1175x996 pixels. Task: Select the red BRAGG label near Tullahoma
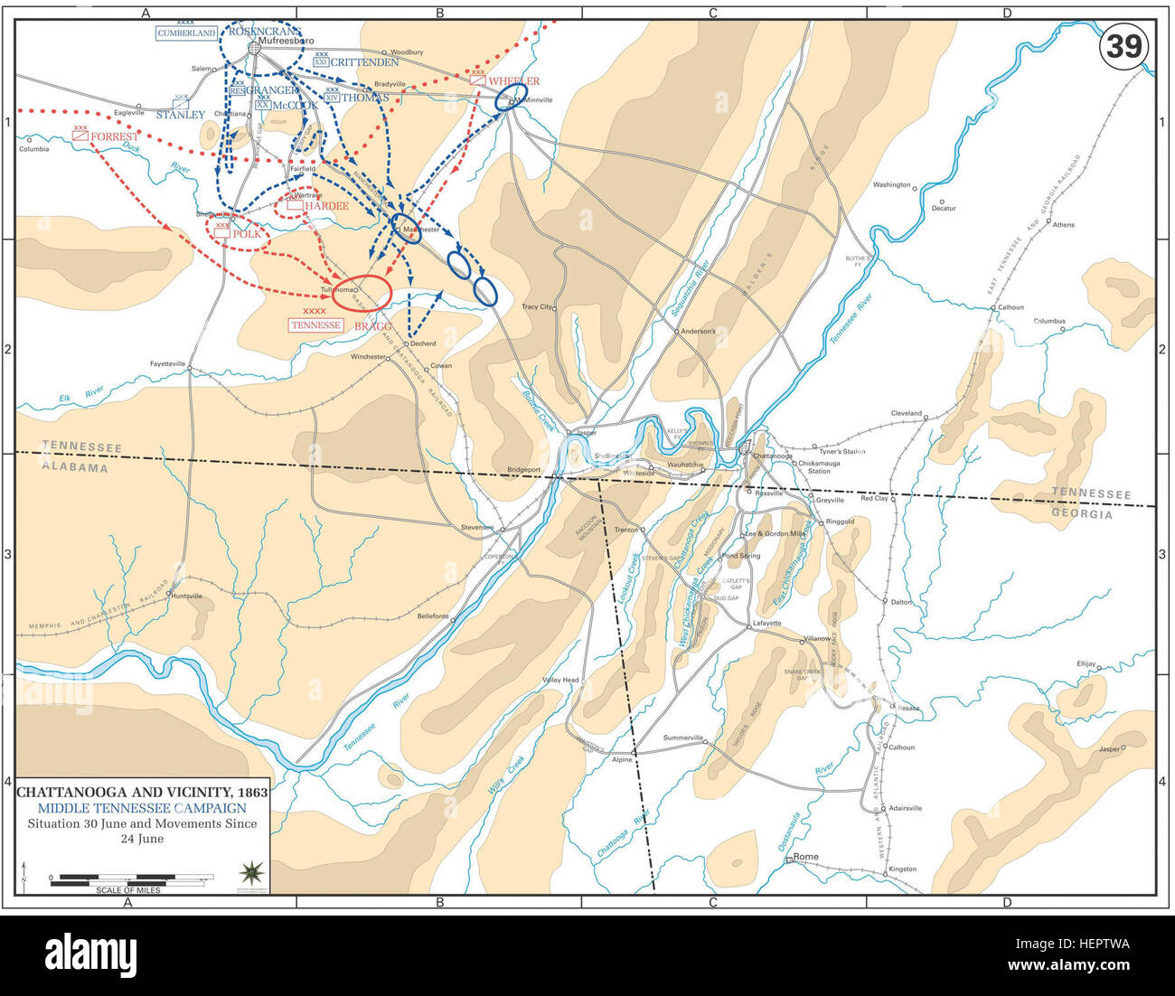click(x=373, y=325)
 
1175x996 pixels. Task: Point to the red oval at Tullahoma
click(x=362, y=291)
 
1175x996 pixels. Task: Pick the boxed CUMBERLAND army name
click(x=187, y=33)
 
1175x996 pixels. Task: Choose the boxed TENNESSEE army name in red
click(x=316, y=325)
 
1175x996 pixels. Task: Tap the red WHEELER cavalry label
click(x=514, y=81)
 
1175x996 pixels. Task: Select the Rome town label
click(x=805, y=857)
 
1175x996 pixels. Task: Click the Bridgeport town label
click(x=523, y=470)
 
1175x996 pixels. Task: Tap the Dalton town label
click(x=901, y=602)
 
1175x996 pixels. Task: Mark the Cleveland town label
click(x=906, y=414)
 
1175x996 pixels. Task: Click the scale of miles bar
click(x=132, y=878)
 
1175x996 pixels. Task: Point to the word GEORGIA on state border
click(x=1082, y=514)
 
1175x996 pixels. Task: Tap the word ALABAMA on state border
click(x=76, y=467)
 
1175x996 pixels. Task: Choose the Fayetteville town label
click(x=168, y=363)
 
